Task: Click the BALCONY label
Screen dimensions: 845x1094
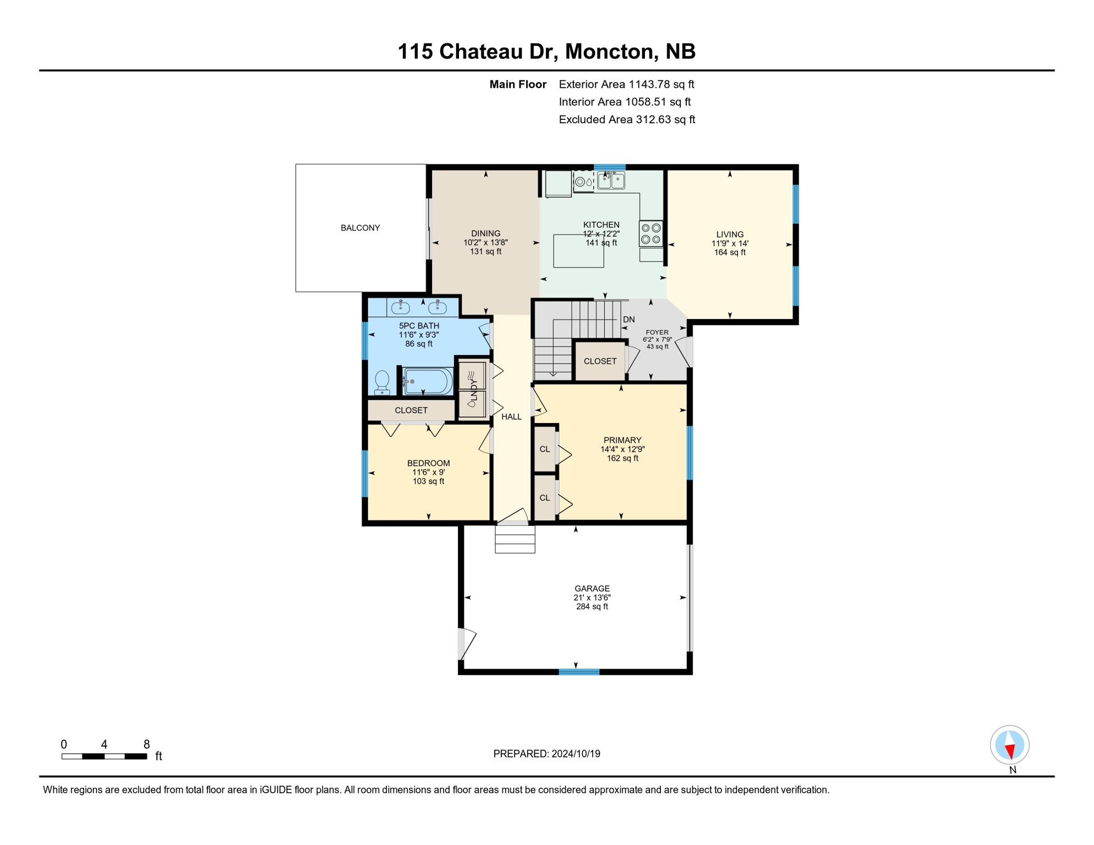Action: tap(360, 228)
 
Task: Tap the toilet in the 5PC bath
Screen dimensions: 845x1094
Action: tap(382, 382)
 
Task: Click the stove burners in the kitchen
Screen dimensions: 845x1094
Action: tap(650, 233)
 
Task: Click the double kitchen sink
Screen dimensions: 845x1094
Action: tap(611, 180)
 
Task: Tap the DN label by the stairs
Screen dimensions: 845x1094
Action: tap(628, 320)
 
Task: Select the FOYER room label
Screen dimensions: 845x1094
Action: tap(657, 332)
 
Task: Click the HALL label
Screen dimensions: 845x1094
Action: tap(511, 417)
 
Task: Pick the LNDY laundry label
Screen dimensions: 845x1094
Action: tap(473, 389)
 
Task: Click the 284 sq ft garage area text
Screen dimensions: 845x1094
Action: tap(592, 607)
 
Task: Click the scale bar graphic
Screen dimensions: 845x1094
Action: tap(104, 756)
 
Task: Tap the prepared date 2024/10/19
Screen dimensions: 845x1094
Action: tap(576, 754)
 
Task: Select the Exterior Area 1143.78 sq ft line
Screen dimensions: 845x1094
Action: tap(626, 84)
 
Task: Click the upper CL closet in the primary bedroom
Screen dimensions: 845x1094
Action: tap(544, 449)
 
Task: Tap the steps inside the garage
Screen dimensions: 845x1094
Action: tap(515, 539)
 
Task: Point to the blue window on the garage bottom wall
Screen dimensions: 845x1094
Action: tap(579, 672)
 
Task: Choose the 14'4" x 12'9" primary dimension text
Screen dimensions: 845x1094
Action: tap(622, 449)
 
